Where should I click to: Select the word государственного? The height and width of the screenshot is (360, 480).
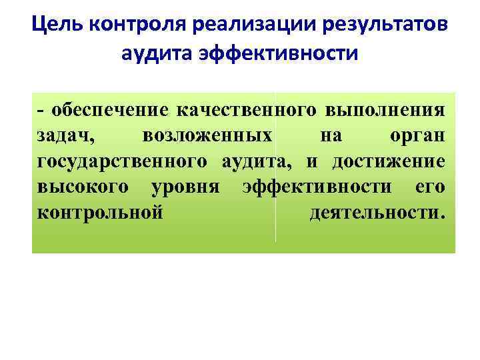pyautogui.click(x=123, y=162)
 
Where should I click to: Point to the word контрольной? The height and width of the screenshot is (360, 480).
pyautogui.click(x=100, y=214)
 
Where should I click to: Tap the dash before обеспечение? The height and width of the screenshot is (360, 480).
pyautogui.click(x=41, y=110)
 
